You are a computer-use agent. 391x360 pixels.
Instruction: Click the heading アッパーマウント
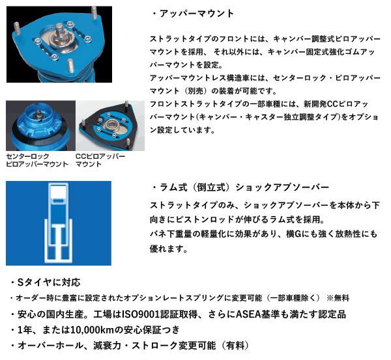pos(197,14)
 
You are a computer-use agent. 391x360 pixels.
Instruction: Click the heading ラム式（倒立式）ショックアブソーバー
pos(244,187)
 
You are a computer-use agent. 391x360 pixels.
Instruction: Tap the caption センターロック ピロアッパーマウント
pos(37,160)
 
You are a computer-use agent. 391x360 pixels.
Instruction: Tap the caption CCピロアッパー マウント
pos(100,160)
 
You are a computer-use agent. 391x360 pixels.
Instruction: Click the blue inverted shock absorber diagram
pos(59,223)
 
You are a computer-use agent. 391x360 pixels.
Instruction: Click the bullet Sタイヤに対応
pos(48,283)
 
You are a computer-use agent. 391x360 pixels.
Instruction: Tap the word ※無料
pos(338,298)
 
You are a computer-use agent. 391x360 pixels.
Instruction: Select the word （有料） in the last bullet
pos(235,346)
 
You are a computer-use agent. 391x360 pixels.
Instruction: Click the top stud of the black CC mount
pos(126,104)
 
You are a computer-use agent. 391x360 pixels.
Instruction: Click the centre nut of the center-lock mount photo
pos(38,114)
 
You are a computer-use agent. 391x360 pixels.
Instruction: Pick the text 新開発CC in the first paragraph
pos(320,104)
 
